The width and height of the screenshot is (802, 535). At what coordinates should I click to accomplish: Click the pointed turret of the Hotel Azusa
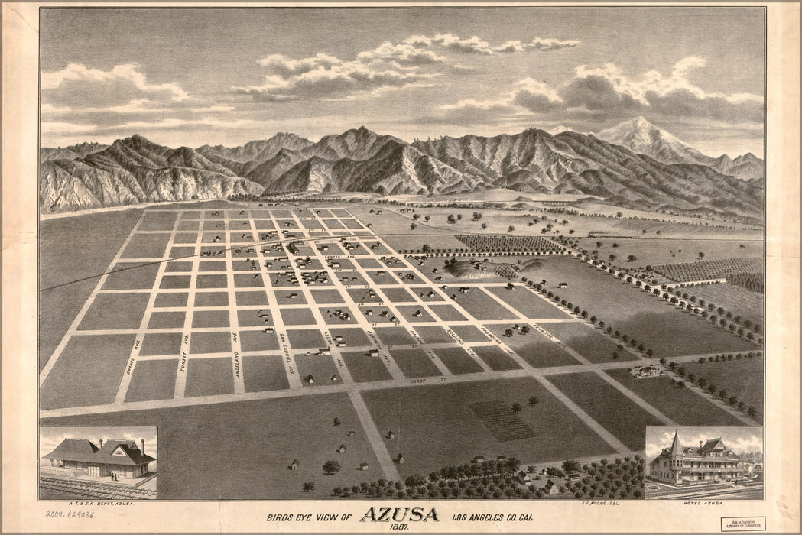coord(676,441)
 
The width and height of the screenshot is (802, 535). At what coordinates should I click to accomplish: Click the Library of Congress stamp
coord(742,524)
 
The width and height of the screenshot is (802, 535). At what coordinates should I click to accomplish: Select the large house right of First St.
coord(648,371)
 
